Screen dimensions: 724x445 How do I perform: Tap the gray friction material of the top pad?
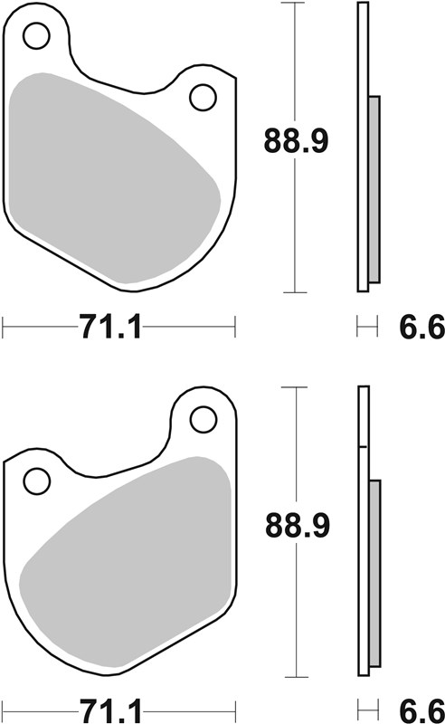click(x=109, y=172)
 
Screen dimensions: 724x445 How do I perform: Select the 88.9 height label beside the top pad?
click(x=296, y=140)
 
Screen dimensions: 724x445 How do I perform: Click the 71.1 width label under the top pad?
click(x=110, y=327)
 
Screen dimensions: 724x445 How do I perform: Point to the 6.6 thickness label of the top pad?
click(x=422, y=327)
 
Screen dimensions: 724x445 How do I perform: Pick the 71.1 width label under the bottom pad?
click(x=110, y=706)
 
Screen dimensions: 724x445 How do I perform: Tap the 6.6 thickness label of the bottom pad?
click(x=422, y=706)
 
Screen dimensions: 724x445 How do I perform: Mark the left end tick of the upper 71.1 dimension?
click(x=4, y=327)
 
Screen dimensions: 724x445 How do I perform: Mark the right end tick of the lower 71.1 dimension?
click(x=235, y=706)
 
